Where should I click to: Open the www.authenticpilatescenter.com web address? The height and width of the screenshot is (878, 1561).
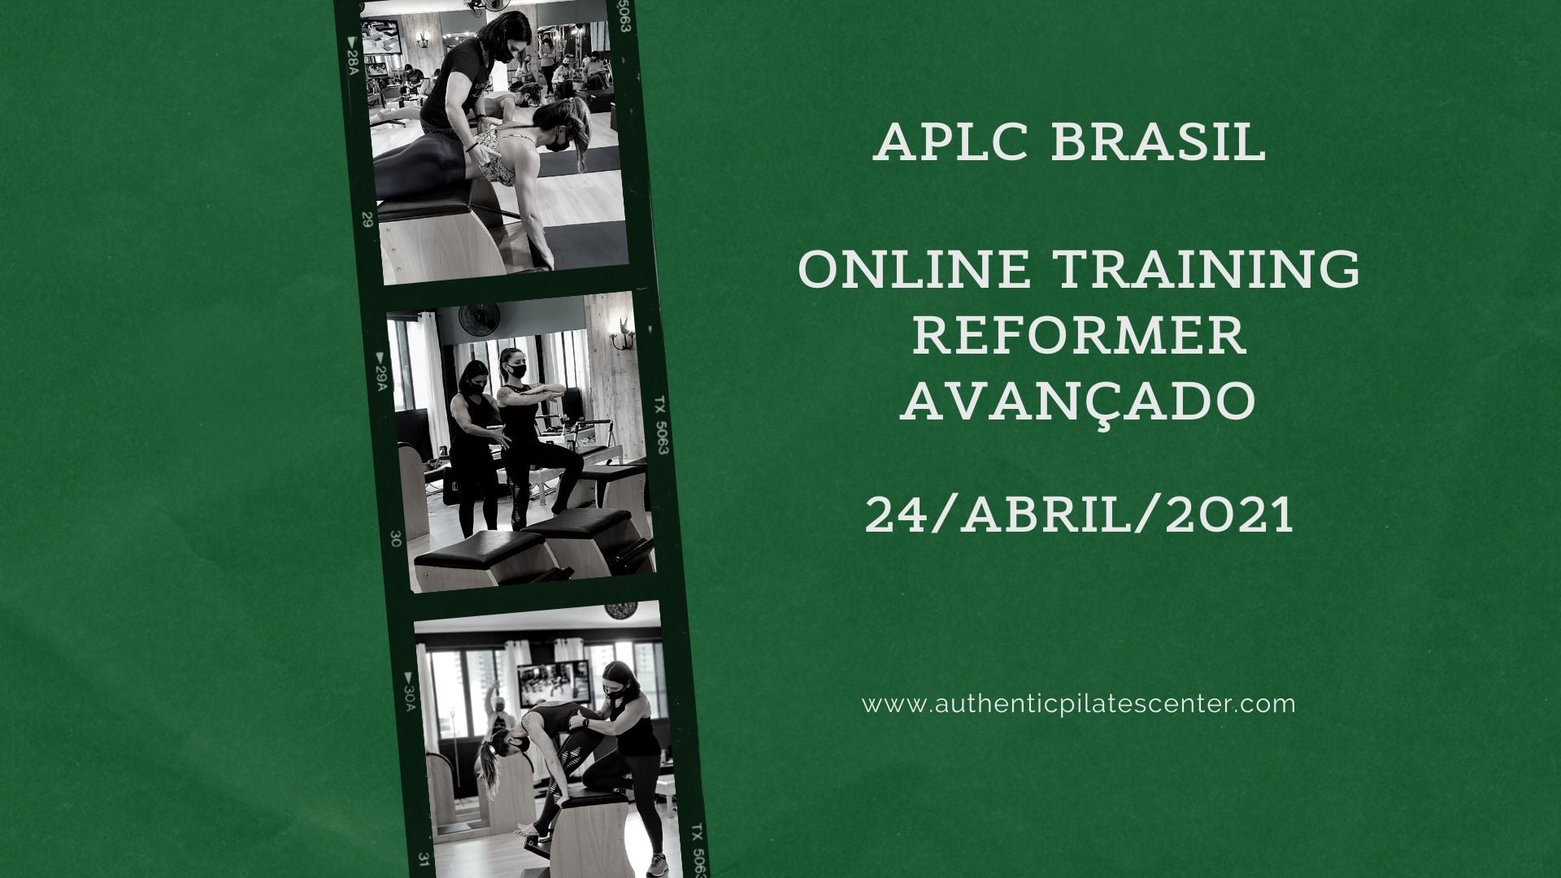[1079, 703]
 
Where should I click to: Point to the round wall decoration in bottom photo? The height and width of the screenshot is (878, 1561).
[621, 610]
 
